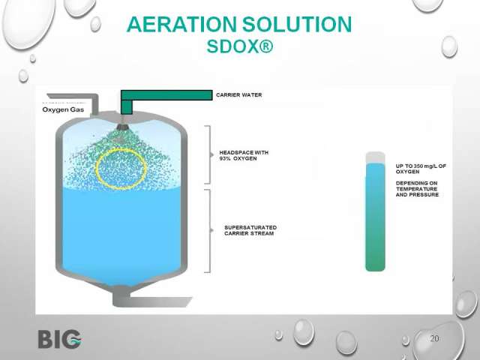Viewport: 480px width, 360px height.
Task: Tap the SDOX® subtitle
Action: coord(240,46)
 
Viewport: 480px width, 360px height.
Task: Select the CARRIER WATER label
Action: coord(239,95)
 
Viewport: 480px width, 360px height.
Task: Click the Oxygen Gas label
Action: coord(63,109)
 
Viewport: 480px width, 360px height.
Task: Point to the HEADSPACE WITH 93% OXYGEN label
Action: coord(244,155)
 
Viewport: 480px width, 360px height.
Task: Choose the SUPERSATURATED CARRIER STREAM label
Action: coord(250,230)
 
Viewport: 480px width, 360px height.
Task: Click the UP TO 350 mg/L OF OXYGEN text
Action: coord(421,169)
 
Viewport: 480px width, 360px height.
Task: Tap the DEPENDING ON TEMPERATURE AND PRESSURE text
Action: coord(417,189)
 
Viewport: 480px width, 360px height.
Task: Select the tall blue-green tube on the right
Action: coord(375,217)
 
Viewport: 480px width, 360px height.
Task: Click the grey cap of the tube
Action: coord(375,157)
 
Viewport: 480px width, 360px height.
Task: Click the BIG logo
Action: coord(60,339)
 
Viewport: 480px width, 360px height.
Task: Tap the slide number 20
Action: coord(435,338)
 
